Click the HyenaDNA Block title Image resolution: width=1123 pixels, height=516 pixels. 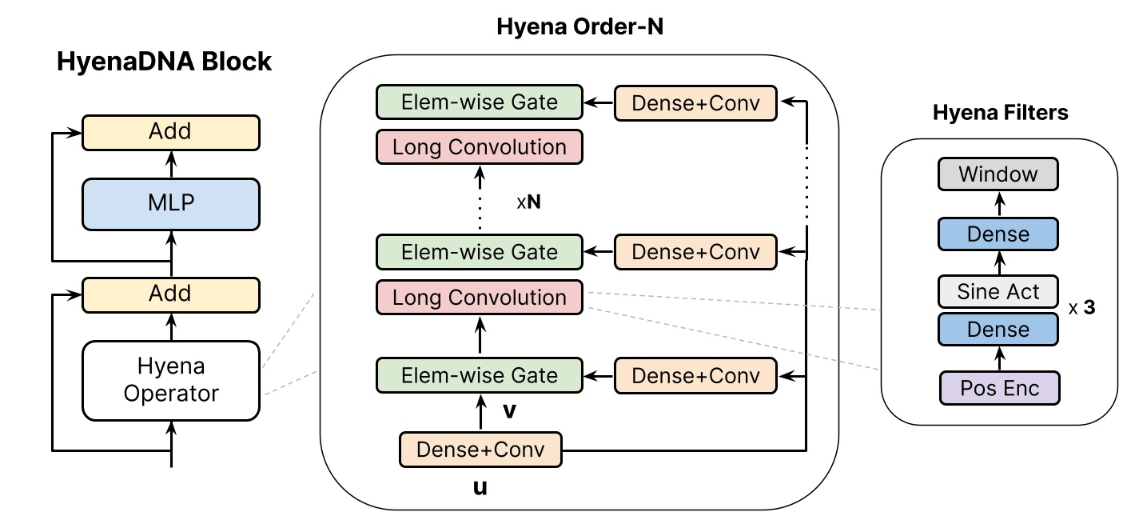tap(164, 62)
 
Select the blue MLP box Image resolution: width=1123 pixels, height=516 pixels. tap(170, 202)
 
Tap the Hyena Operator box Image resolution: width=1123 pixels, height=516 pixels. tap(170, 380)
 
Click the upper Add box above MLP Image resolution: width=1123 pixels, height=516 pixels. tap(170, 132)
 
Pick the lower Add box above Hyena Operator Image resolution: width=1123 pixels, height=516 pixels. tap(170, 294)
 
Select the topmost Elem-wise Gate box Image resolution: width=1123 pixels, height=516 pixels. tap(480, 102)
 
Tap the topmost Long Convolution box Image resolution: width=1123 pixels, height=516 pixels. tap(480, 148)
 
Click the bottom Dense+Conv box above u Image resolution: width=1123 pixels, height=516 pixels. tap(480, 449)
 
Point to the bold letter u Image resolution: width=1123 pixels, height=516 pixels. tap(480, 486)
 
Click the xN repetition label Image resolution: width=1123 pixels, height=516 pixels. tap(528, 202)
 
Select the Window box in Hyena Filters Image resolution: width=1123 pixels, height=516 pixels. tap(998, 174)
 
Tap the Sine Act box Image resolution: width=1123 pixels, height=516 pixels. tap(998, 291)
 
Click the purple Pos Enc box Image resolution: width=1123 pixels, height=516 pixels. tap(998, 388)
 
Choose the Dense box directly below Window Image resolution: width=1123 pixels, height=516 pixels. tap(998, 234)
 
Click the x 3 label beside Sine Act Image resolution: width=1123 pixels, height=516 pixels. tap(1081, 308)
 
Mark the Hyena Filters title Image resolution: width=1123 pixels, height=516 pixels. tap(1000, 113)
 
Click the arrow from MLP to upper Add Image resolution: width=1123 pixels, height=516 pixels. tap(170, 164)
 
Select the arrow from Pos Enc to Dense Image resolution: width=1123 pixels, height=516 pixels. tap(998, 358)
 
